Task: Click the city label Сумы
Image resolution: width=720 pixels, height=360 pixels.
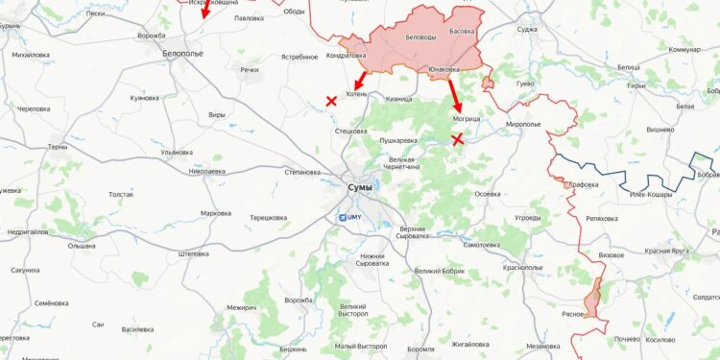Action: (361, 187)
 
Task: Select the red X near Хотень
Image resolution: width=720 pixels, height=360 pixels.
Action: (331, 100)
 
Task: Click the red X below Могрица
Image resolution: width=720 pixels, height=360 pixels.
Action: (458, 139)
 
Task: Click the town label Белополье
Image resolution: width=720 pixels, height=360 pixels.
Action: (182, 54)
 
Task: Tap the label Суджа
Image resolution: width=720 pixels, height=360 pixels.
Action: (527, 29)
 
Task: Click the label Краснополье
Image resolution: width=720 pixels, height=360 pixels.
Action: (522, 267)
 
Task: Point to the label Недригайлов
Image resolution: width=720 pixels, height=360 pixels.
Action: (28, 231)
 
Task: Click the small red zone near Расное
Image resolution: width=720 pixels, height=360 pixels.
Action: (595, 298)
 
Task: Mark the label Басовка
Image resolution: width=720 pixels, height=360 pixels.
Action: (463, 31)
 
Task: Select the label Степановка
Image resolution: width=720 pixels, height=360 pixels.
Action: (302, 172)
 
